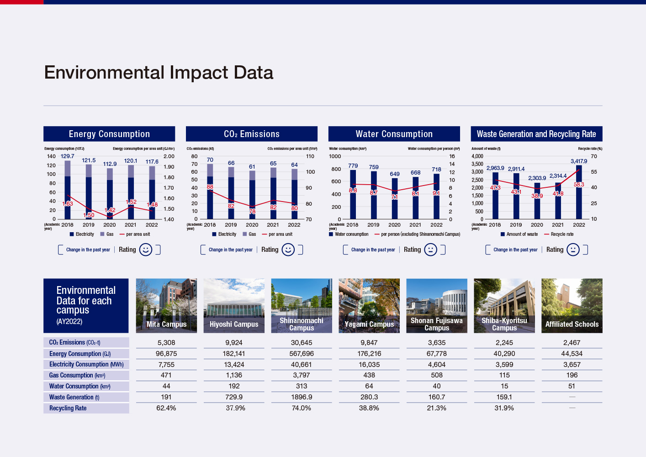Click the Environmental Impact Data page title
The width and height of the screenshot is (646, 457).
[x=159, y=73]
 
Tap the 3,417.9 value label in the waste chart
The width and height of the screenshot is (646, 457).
[x=578, y=161]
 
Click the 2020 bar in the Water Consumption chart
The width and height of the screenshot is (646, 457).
[x=395, y=199]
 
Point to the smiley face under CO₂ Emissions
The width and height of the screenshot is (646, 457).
[x=288, y=250]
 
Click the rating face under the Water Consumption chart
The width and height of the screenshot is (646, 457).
[x=430, y=250]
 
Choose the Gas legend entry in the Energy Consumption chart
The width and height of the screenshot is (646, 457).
[x=107, y=234]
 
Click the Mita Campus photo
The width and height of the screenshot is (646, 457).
[x=166, y=305]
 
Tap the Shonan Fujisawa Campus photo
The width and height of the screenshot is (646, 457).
[x=437, y=305]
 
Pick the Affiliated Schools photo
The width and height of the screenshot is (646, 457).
[x=572, y=305]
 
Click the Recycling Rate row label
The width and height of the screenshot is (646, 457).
[x=68, y=408]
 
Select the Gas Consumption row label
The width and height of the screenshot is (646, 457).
[x=77, y=375]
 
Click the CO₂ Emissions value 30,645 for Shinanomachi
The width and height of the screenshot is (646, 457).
[x=302, y=343]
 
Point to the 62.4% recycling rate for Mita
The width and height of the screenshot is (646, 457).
[x=166, y=408]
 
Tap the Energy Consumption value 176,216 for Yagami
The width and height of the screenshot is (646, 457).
[x=369, y=354]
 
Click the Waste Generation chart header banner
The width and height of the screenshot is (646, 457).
[x=536, y=134]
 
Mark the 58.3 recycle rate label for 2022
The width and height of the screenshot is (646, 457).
[x=579, y=185]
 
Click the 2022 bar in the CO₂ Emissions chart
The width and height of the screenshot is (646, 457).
[x=295, y=194]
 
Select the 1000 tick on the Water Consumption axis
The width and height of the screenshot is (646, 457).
[x=335, y=156]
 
